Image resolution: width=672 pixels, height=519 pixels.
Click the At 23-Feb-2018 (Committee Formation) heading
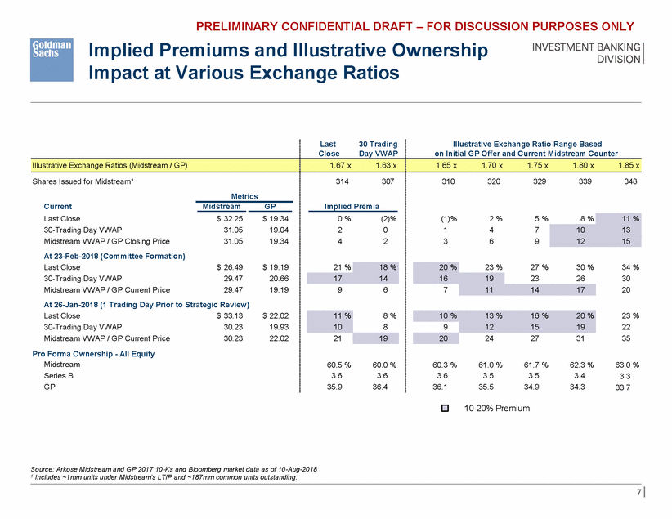coord(114,256)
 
